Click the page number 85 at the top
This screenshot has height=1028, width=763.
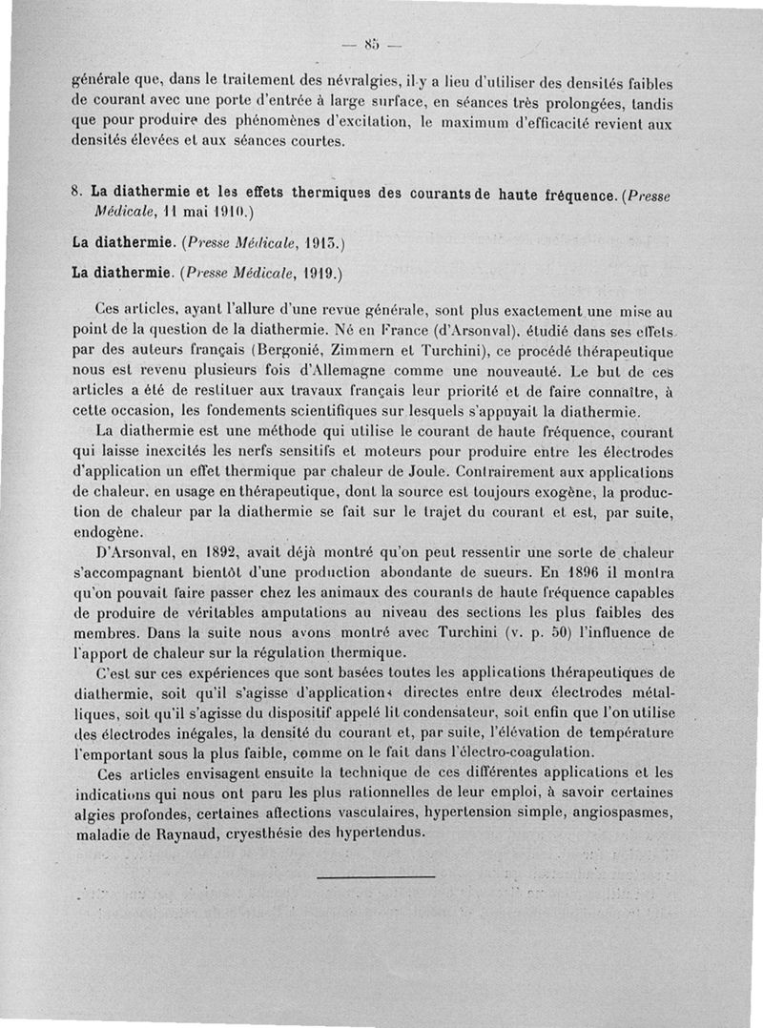pyautogui.click(x=371, y=42)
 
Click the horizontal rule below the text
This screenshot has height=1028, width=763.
pyautogui.click(x=375, y=876)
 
